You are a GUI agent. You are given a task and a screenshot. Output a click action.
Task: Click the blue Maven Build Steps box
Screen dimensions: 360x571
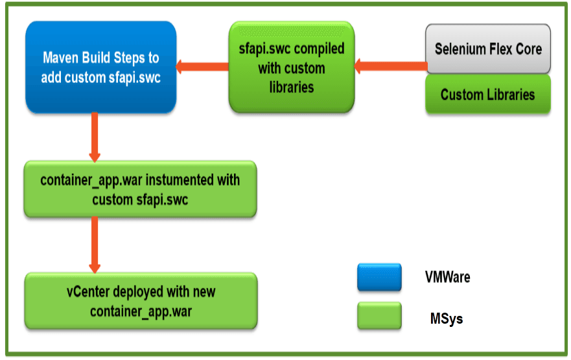(x=100, y=67)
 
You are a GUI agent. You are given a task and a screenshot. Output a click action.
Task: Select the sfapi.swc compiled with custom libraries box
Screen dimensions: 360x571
(x=292, y=67)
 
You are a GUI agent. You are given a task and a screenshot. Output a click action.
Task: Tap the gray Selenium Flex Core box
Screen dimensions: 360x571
(x=488, y=49)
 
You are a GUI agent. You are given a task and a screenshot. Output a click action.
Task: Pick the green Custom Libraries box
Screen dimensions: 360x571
(x=488, y=95)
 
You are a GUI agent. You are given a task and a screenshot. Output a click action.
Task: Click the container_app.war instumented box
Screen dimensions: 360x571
(x=140, y=189)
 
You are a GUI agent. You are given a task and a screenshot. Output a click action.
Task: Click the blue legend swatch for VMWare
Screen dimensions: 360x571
(x=379, y=277)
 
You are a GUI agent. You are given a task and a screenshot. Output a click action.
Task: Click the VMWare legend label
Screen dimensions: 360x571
(x=447, y=277)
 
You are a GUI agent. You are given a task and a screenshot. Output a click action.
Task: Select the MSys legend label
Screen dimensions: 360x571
(x=447, y=318)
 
